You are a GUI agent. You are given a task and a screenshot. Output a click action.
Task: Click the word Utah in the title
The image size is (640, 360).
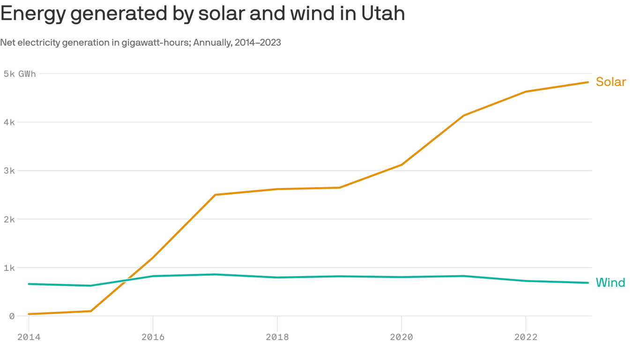click(383, 13)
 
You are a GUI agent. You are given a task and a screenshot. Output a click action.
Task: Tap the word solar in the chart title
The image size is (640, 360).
click(221, 13)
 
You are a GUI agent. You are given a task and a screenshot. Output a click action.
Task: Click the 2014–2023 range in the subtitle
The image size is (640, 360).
click(258, 43)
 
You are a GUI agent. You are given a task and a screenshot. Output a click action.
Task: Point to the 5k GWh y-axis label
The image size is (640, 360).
click(19, 74)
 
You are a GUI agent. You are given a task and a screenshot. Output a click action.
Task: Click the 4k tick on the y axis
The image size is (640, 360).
click(9, 122)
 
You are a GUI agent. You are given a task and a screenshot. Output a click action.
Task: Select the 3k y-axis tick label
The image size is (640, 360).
click(9, 171)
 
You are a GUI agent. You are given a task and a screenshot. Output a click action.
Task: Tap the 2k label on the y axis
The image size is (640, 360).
click(9, 219)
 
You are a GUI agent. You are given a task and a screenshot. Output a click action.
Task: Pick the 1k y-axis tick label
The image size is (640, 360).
click(9, 268)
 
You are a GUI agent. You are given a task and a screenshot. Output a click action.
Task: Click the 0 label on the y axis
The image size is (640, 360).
click(12, 316)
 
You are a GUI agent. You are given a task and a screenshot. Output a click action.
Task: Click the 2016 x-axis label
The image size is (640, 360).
click(153, 337)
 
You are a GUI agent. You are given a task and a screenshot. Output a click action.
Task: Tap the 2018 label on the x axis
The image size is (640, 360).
click(277, 337)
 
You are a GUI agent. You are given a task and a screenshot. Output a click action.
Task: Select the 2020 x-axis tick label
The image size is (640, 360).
click(402, 337)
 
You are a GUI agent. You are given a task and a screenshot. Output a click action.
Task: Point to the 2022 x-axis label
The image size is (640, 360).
click(526, 337)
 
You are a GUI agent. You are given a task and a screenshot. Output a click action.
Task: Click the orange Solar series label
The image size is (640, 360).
click(610, 82)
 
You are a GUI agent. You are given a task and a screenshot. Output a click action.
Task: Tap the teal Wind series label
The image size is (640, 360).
click(610, 283)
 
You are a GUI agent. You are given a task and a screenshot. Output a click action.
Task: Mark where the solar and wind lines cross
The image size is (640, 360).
click(127, 280)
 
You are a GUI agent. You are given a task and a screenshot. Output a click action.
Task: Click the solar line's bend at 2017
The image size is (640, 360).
click(215, 195)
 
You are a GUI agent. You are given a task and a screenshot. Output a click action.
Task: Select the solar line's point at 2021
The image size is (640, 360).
click(463, 115)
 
